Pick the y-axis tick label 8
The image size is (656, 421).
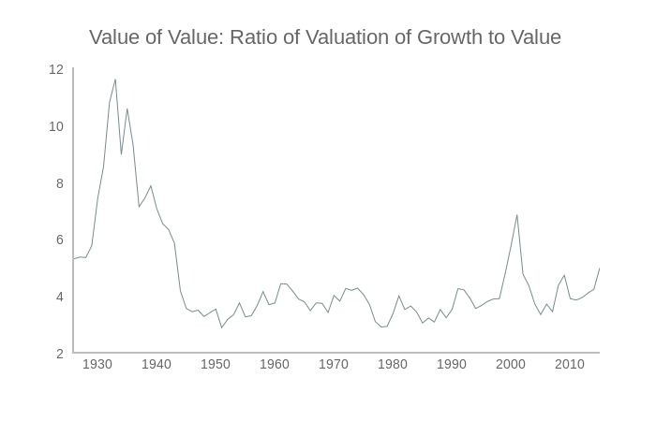pyautogui.click(x=59, y=183)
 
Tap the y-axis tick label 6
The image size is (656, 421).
pyautogui.click(x=59, y=240)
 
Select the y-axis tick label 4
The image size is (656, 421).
pyautogui.click(x=59, y=298)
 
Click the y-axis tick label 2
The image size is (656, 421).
pyautogui.click(x=59, y=354)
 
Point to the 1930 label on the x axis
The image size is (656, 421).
pyautogui.click(x=97, y=365)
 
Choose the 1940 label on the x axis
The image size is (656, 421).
pyautogui.click(x=156, y=365)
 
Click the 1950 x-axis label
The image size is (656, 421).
pyautogui.click(x=215, y=365)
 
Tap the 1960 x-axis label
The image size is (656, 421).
pyautogui.click(x=274, y=365)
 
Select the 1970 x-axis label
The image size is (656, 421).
pyautogui.click(x=333, y=365)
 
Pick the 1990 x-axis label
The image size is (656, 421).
pyautogui.click(x=452, y=365)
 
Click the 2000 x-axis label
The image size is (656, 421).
pyautogui.click(x=511, y=365)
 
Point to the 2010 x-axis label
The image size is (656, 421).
pyautogui.click(x=570, y=365)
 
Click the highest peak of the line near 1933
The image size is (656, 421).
pyautogui.click(x=115, y=80)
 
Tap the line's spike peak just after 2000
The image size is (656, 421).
pyautogui.click(x=517, y=215)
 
